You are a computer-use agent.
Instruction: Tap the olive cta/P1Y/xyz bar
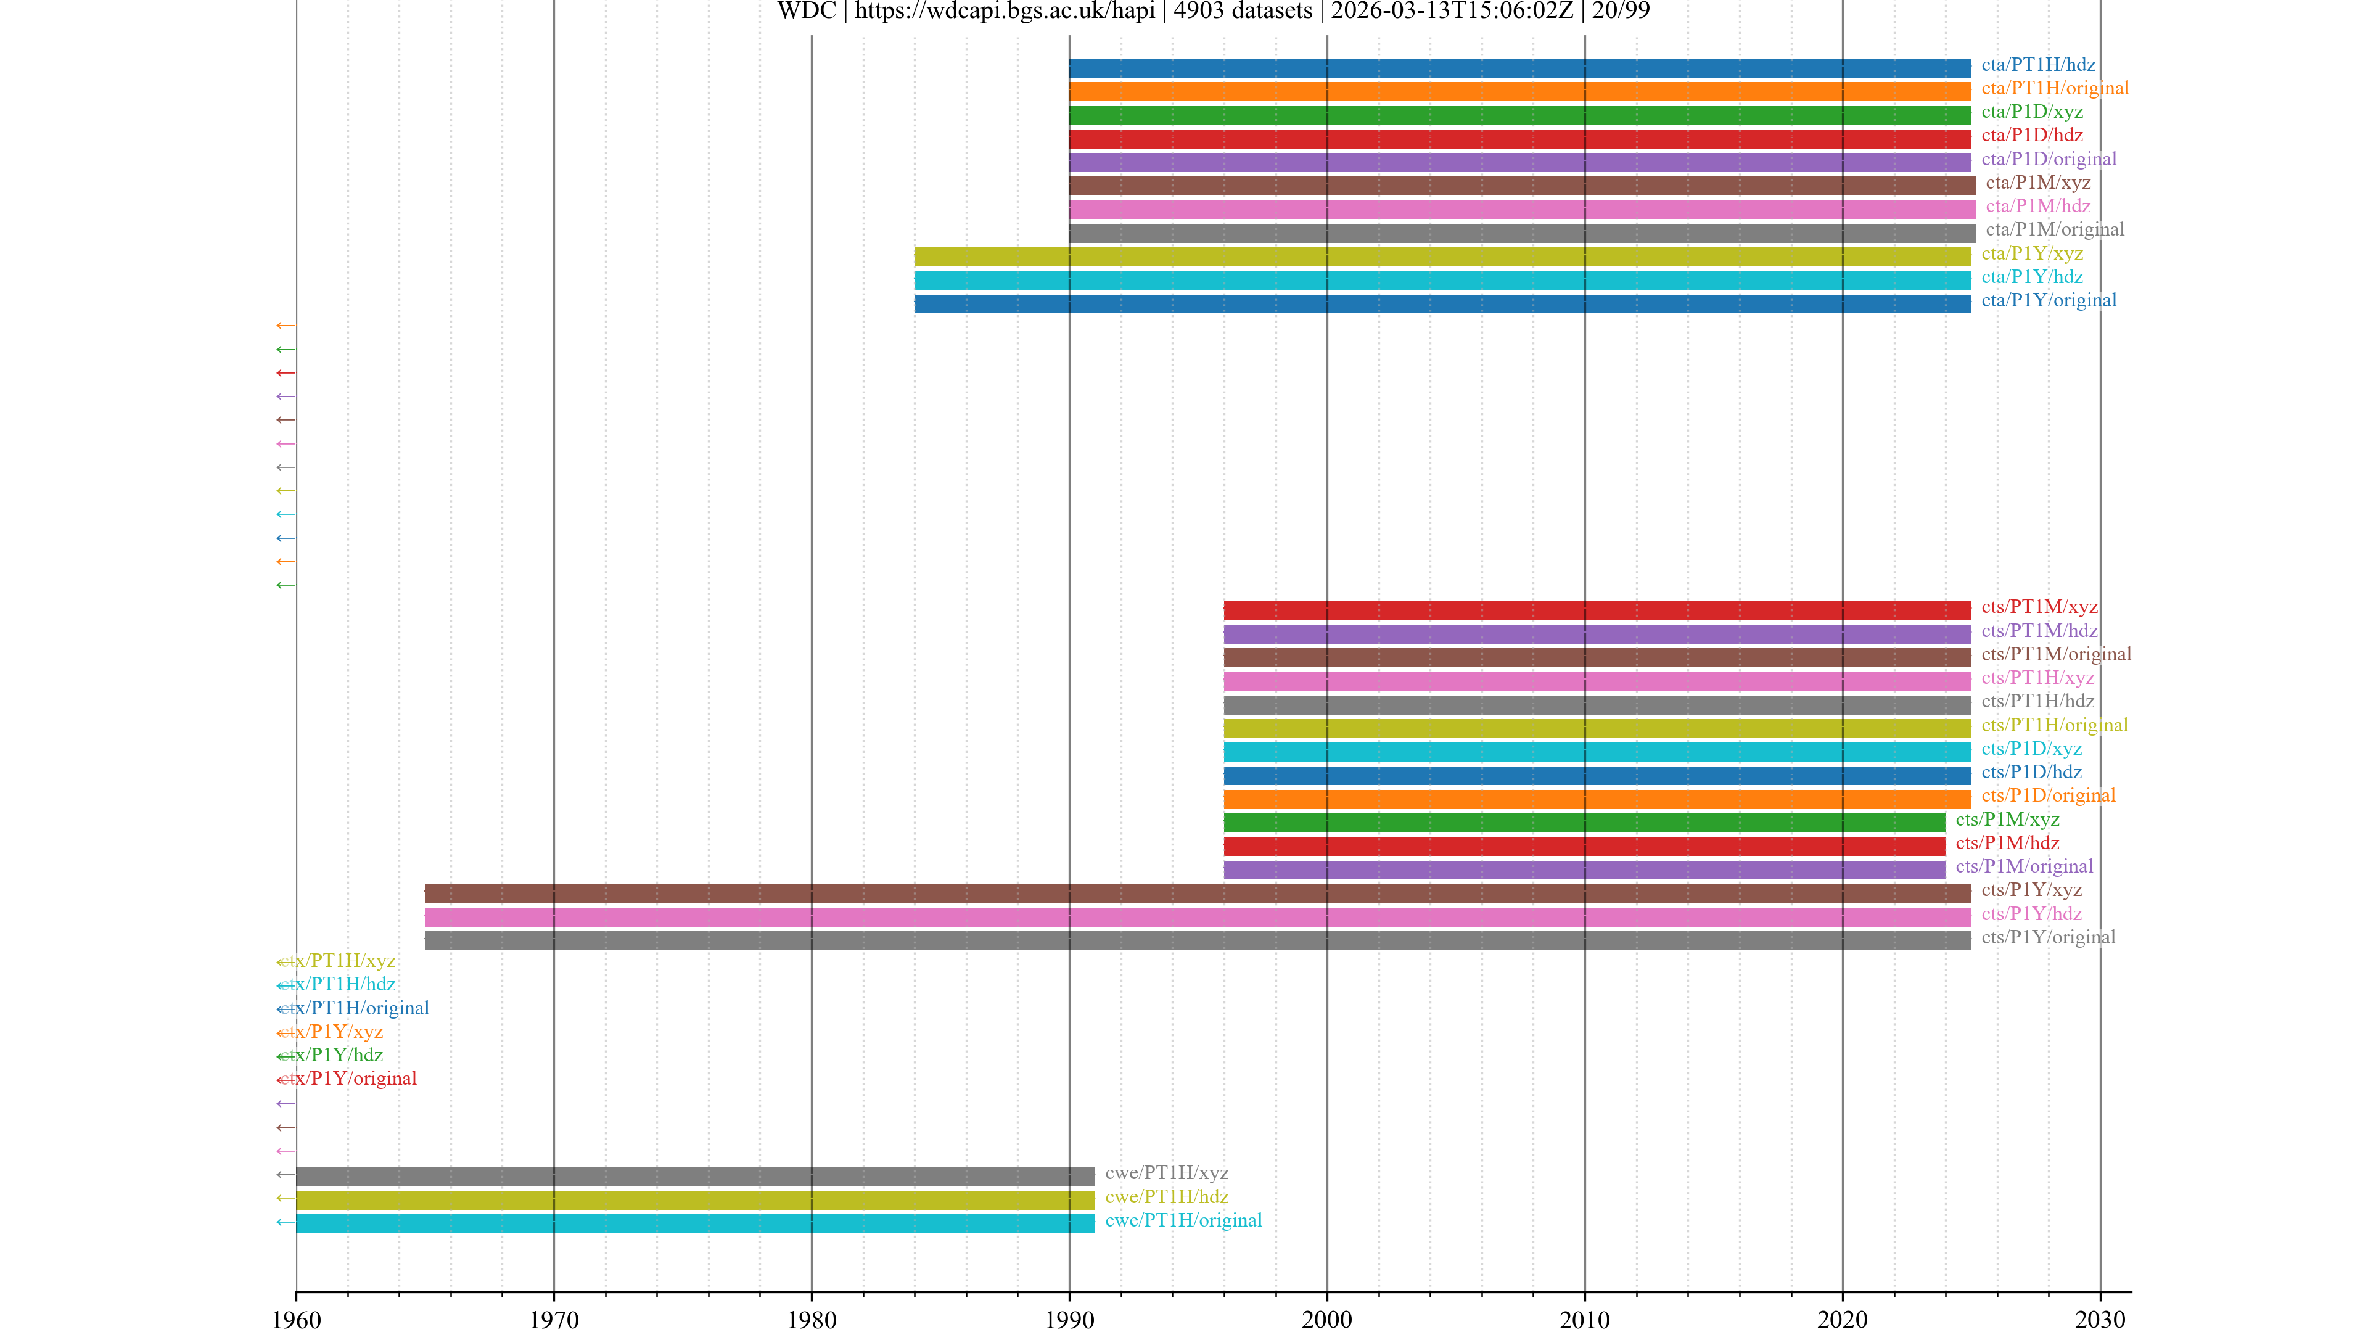pos(1441,257)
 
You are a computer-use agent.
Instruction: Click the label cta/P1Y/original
pos(2048,300)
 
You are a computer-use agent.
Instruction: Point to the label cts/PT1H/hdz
pos(2037,701)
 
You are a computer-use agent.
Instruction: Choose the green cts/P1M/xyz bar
pos(1584,822)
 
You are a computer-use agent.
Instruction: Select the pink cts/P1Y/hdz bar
pos(1197,916)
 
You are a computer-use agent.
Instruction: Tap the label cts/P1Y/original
pos(2048,937)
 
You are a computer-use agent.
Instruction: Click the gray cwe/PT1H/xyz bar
pos(695,1176)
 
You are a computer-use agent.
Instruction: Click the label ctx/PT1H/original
pos(354,1008)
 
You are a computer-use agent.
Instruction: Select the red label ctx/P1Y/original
pos(347,1079)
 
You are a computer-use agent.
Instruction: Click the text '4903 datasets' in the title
pos(1243,11)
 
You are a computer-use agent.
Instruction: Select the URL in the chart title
pos(1005,11)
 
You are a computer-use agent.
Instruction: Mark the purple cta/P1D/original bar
pos(1519,162)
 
